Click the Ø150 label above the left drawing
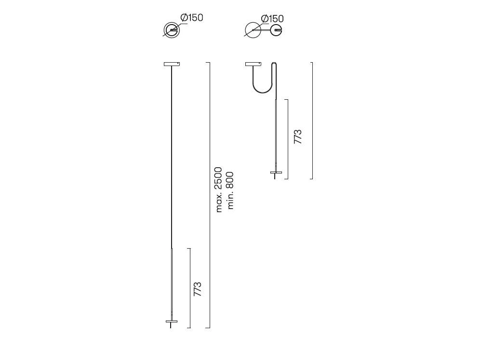[x=191, y=17]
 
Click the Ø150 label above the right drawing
[x=272, y=19]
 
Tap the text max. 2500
[x=218, y=189]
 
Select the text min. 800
[x=230, y=190]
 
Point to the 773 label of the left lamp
[x=198, y=289]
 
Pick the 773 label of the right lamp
[x=297, y=137]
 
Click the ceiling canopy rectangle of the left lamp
[x=172, y=64]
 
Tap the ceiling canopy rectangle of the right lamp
[x=253, y=64]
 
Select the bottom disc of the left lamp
[x=172, y=321]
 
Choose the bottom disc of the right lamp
[x=276, y=173]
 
